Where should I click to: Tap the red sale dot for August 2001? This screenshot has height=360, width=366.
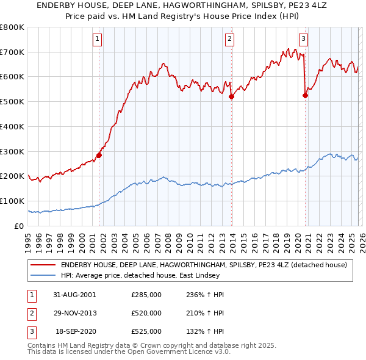99,155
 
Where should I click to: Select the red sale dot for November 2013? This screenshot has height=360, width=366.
232,96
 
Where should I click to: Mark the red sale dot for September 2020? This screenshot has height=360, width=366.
305,95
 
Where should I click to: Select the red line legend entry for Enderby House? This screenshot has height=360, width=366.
204,265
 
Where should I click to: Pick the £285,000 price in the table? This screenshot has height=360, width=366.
146,294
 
